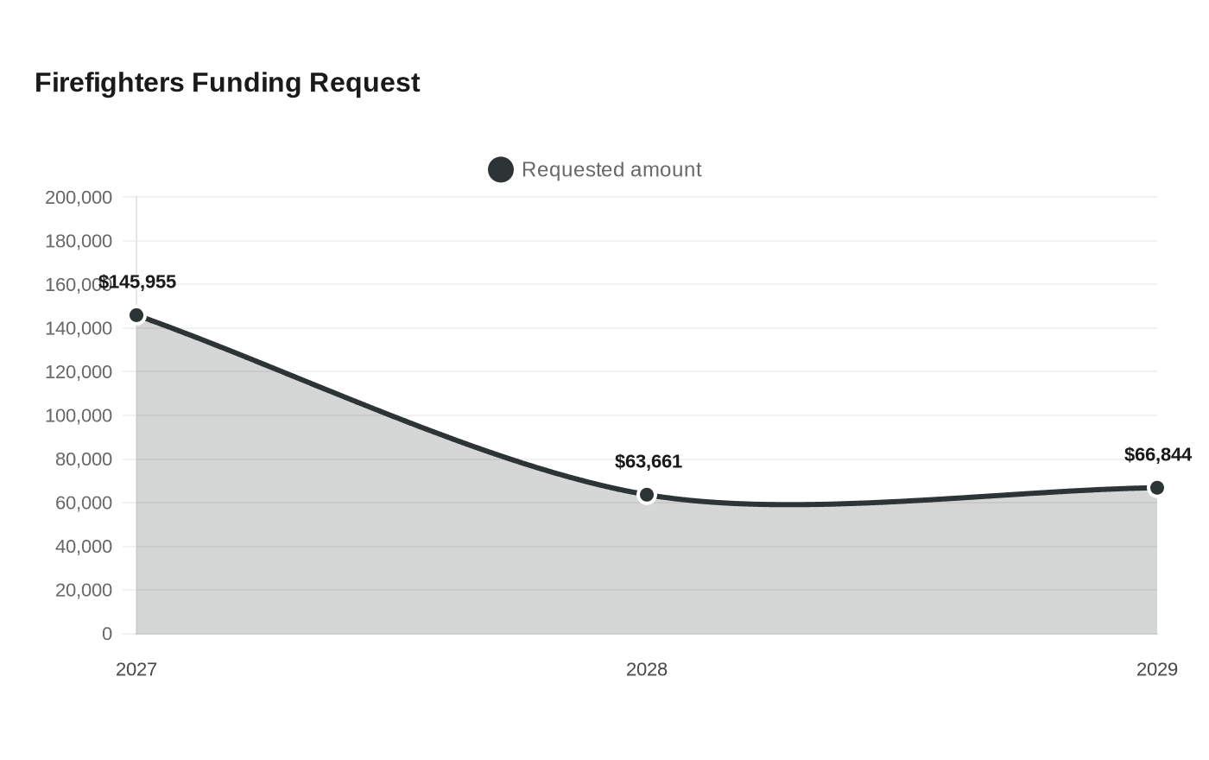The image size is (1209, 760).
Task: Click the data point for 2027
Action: [x=136, y=315]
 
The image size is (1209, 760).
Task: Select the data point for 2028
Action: [x=647, y=495]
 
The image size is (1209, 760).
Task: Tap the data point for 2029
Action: [x=1156, y=488]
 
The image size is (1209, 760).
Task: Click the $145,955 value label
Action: [x=137, y=282]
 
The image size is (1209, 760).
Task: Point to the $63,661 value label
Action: [x=649, y=461]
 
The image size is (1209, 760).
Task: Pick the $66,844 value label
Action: [x=1158, y=454]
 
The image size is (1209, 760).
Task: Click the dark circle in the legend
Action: [x=500, y=169]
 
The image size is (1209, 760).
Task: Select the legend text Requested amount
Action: [x=611, y=169]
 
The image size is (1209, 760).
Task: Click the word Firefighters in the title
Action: [x=110, y=83]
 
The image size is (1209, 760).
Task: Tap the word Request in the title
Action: [x=364, y=84]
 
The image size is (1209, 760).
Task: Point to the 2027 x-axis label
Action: [x=136, y=669]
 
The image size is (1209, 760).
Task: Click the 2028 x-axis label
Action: [x=647, y=669]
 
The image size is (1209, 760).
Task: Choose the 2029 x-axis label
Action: [x=1156, y=669]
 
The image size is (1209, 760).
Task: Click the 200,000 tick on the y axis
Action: [x=79, y=198]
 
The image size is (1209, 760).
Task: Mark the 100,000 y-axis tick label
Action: [x=79, y=415]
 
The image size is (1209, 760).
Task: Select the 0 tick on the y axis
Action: [x=107, y=634]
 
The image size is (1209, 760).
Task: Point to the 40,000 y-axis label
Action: [x=84, y=546]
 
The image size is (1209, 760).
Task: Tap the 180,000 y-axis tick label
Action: [x=79, y=241]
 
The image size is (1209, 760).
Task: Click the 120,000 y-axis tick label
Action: [x=79, y=372]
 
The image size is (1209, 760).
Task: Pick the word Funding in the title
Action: [x=247, y=84]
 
